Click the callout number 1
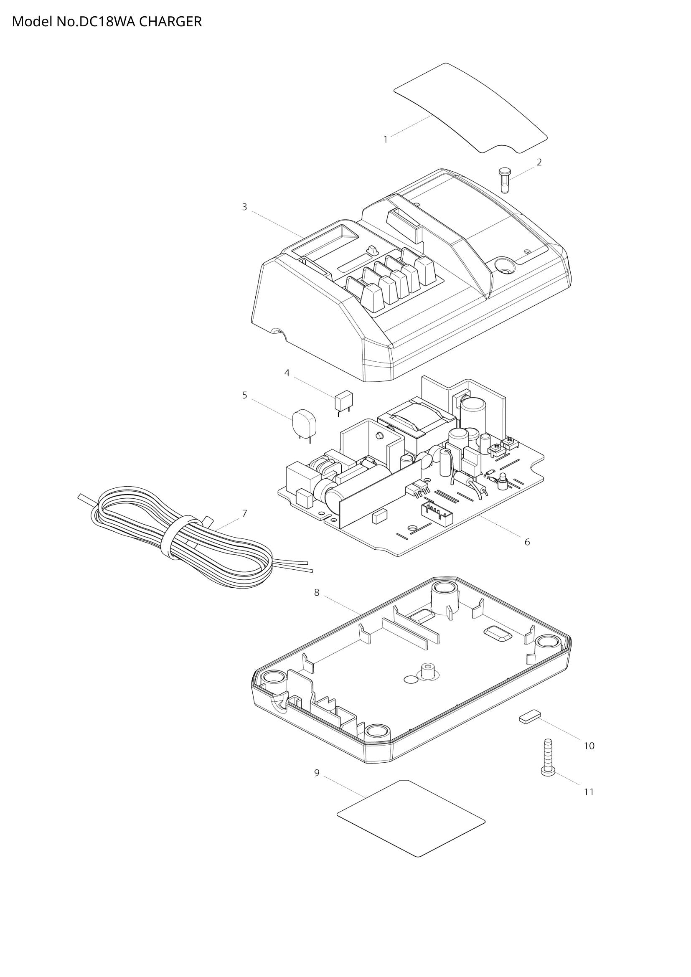pos(386,140)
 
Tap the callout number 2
pos(539,162)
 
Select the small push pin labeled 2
pos(504,180)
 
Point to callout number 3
pos(244,207)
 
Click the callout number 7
pos(244,514)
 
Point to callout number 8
pos(317,592)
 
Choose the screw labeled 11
pos(547,758)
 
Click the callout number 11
pos(589,792)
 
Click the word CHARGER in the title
pos(170,22)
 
